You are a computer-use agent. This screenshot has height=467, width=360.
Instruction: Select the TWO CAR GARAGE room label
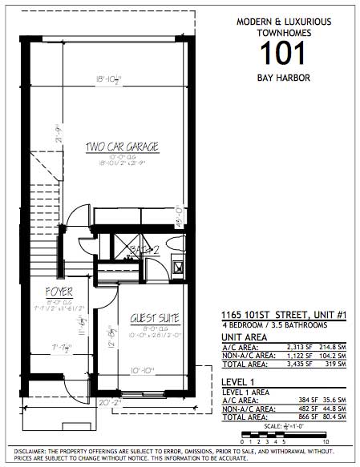coord(122,147)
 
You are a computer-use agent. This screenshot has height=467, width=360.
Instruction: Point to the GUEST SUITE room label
coord(153,318)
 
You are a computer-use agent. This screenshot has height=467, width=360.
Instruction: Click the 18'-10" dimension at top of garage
coord(107,79)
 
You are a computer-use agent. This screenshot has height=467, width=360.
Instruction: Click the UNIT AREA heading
coord(244,337)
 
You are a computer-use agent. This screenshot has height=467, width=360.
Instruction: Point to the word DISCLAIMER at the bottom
coord(30,453)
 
